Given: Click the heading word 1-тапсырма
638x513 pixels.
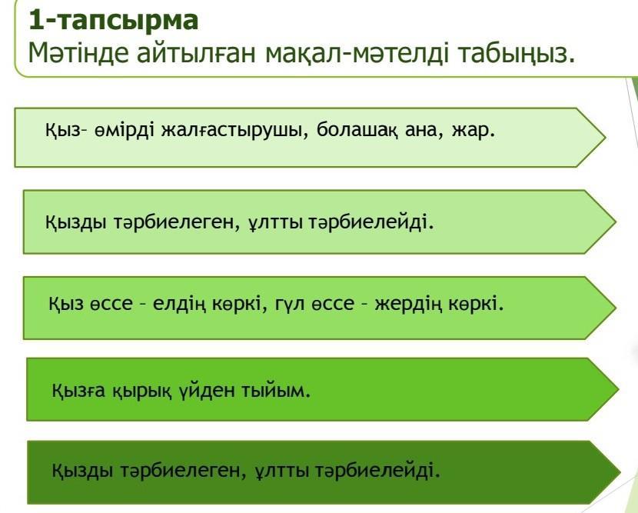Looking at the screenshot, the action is pos(114,20).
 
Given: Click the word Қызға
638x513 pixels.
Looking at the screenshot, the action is pos(78,391).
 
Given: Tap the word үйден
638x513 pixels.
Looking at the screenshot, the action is pos(207,390).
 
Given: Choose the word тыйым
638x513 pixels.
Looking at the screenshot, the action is pos(276,391).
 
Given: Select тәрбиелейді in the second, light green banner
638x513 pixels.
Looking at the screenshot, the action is pos(371,222).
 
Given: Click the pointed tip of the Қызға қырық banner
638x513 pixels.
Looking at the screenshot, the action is pos(619,389).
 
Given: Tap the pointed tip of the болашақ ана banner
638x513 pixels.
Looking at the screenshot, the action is pos(606,137).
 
